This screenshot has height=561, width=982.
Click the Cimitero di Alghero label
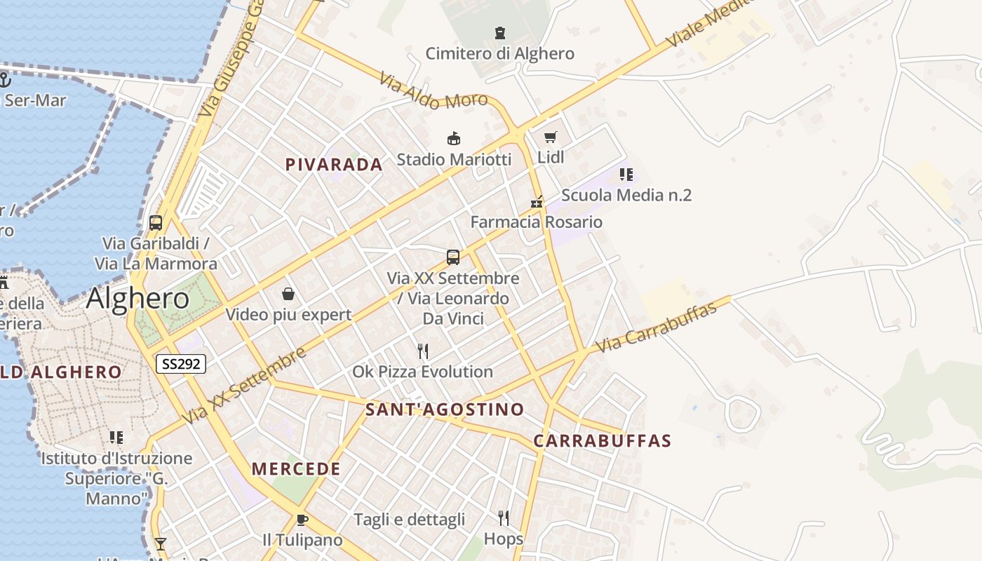coord(499,53)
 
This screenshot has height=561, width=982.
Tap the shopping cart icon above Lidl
coord(551,137)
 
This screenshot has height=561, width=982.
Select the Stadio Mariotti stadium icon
coord(454,138)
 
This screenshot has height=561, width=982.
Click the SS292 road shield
coord(180,363)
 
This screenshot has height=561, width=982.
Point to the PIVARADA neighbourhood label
coord(334,165)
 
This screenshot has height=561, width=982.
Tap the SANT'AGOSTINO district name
coord(445,410)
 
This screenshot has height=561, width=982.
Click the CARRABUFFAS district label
coord(602,441)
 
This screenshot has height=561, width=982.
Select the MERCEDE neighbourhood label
coord(296,469)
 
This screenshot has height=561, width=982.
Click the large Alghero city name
coord(137,299)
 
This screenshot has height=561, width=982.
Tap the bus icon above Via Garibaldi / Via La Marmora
coord(156,223)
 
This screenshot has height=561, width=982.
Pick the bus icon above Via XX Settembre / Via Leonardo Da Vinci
coord(453,257)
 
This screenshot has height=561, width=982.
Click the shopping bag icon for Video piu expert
coord(288,293)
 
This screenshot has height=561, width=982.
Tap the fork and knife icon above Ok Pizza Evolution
coord(422,351)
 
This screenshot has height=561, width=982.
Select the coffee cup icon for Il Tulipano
coord(302,520)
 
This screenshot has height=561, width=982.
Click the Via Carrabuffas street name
coord(656,327)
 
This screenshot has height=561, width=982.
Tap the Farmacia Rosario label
coord(536,222)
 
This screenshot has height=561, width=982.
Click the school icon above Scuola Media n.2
coord(626,174)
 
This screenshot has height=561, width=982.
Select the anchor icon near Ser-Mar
coord(6,79)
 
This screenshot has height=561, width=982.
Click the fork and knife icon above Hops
coord(503,518)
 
